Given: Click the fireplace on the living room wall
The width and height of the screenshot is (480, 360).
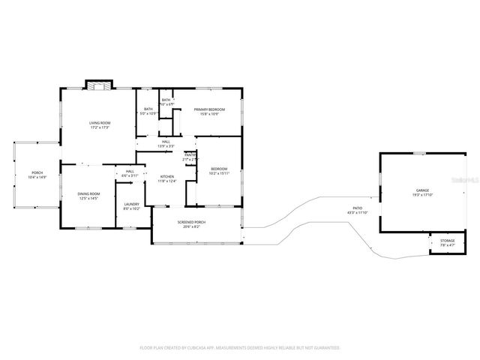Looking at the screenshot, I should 97,85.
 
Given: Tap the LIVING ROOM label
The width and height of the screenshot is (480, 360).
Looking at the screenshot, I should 100,122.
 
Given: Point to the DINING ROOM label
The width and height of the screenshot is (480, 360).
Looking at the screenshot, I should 88,193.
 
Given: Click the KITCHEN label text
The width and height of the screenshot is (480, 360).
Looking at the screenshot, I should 166,177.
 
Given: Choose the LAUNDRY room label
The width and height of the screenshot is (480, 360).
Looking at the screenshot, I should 132,204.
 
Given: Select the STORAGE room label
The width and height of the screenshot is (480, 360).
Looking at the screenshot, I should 447,241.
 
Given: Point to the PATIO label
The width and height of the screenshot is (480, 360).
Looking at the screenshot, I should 358,208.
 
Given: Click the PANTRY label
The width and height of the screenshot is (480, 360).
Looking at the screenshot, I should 190,154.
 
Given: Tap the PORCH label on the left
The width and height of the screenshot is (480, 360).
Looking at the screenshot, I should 37,172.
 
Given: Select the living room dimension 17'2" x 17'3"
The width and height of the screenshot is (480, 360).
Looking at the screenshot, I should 100,127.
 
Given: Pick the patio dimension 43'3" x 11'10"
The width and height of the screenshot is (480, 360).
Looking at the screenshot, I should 358,213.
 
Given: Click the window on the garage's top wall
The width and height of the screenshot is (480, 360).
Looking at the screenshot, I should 418,153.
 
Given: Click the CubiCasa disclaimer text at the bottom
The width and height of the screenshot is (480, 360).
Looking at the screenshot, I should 240,347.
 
